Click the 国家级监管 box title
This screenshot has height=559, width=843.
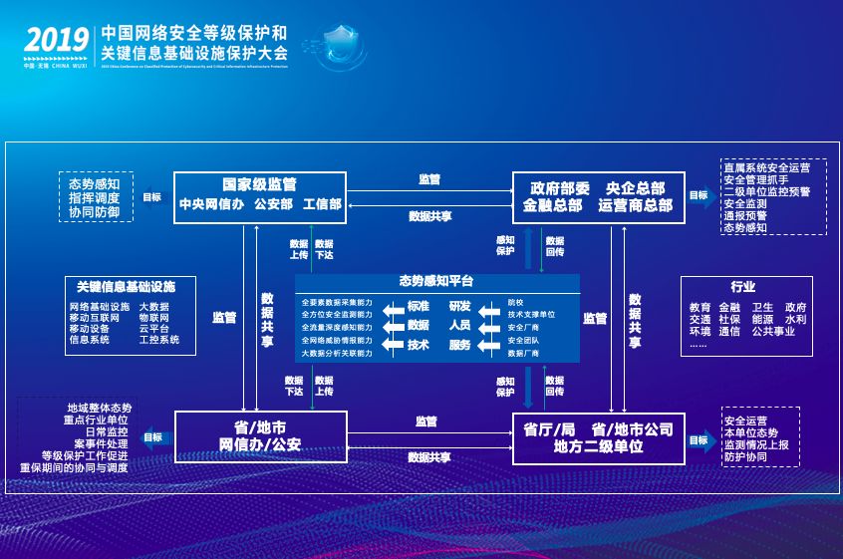[259, 185]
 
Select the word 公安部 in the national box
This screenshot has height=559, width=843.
[273, 204]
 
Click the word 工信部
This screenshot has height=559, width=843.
[321, 204]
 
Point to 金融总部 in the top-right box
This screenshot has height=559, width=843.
[553, 205]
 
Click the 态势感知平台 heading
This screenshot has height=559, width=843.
[436, 281]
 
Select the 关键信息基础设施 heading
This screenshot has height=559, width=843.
[126, 286]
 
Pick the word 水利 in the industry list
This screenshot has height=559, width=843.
[795, 319]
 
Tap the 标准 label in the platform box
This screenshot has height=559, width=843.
[419, 306]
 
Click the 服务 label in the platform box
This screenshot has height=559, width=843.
[459, 345]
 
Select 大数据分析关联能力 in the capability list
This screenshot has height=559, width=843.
[337, 353]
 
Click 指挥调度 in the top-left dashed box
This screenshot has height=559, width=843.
[95, 197]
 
